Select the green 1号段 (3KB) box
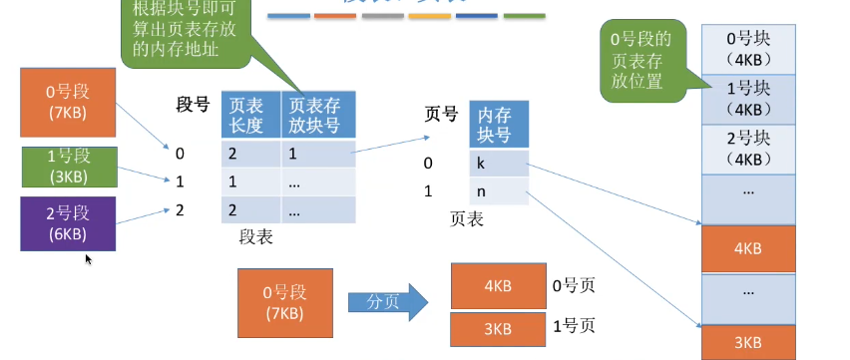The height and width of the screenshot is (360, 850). tap(69, 166)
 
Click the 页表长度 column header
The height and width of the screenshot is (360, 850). tap(248, 115)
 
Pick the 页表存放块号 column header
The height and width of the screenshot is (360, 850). tap(317, 115)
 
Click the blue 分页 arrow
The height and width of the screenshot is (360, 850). tap(387, 301)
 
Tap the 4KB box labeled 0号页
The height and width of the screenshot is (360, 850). tap(497, 285)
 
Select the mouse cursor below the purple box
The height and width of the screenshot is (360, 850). tap(89, 259)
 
